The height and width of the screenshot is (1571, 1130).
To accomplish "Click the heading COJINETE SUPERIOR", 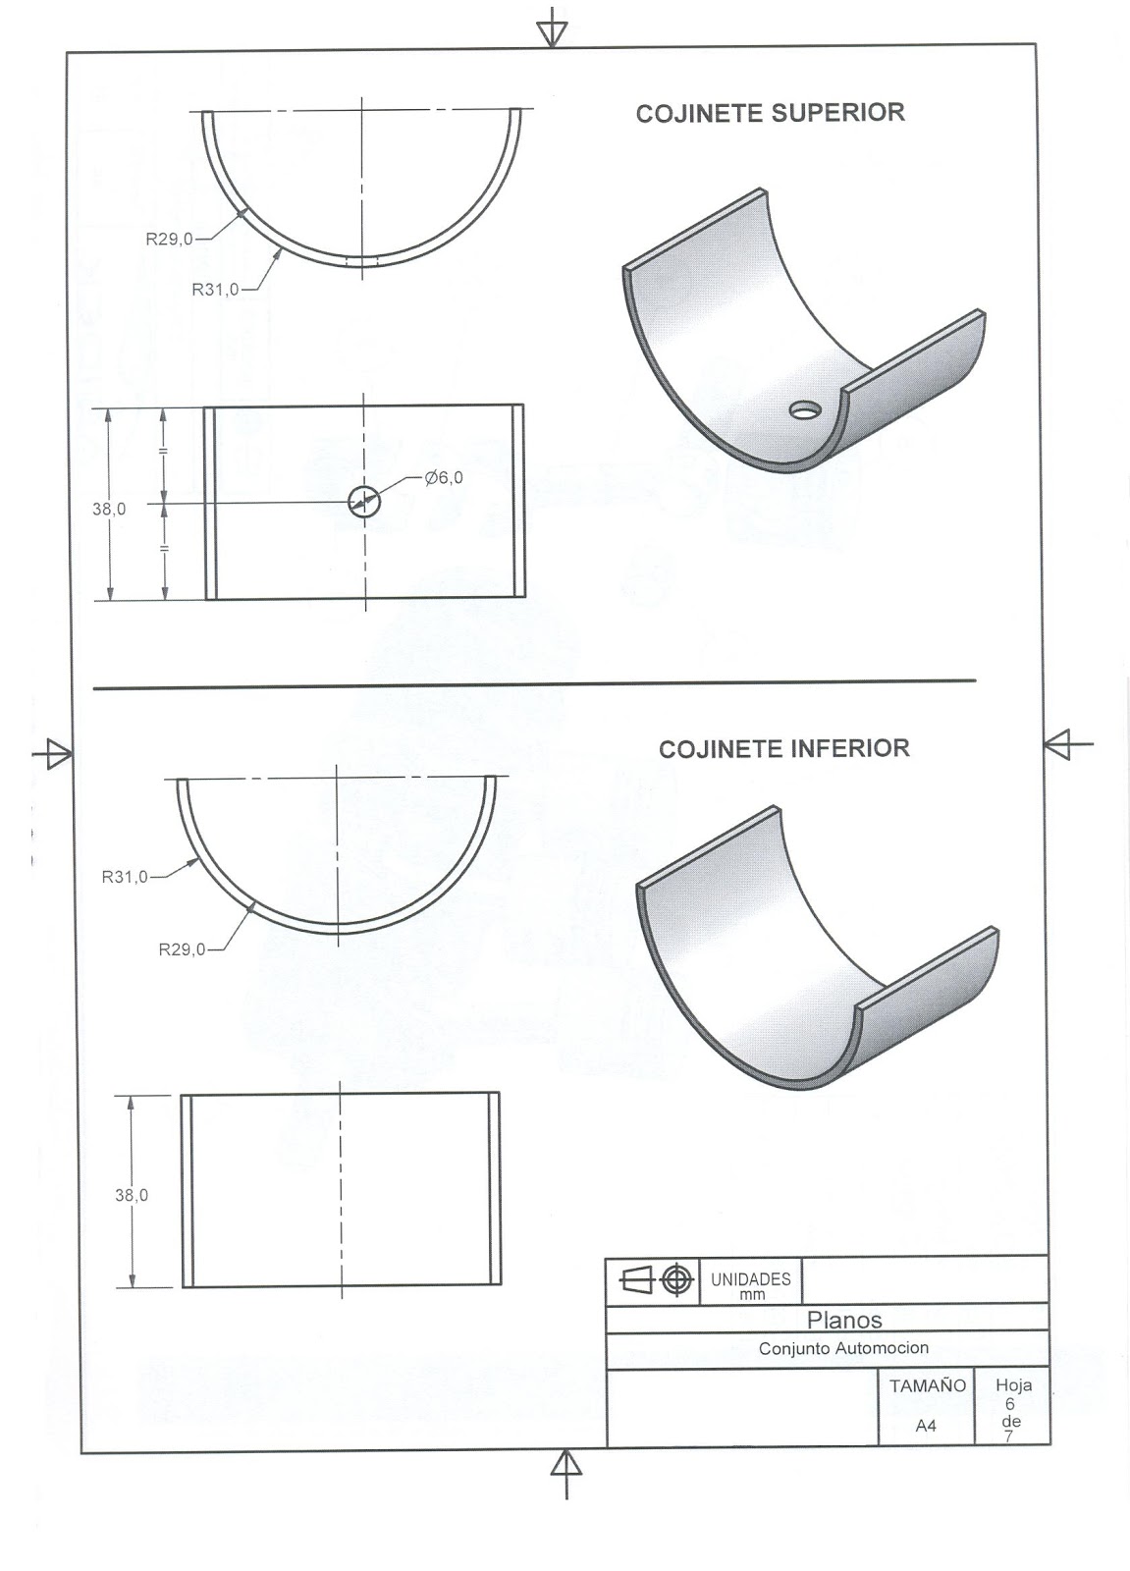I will coord(770,114).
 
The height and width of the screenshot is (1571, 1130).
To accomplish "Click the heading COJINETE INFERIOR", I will coord(783,749).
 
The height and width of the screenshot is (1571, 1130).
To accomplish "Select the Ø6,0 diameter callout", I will coord(444,477).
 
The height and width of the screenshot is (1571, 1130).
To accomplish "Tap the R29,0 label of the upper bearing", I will coord(169,238).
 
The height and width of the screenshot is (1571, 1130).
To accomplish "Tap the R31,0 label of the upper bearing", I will coord(215,290).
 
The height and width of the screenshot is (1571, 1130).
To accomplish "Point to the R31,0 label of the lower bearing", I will coord(125,876).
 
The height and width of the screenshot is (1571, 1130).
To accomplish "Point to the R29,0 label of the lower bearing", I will coord(182,949).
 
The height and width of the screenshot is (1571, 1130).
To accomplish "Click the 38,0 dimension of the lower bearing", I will coord(131,1195).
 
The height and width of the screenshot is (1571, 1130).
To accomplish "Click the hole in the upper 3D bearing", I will coord(807,408).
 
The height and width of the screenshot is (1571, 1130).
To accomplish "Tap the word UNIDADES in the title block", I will coord(750,1279).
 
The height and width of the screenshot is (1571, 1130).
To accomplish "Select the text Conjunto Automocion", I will coord(842,1349).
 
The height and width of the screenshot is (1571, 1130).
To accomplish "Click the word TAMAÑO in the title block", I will coord(927,1386).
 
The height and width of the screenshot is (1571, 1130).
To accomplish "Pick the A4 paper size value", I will coord(926,1426).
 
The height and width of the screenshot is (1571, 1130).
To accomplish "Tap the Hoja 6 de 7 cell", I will coord(1011,1410).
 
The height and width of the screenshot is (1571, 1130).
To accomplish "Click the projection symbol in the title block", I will coord(653,1280).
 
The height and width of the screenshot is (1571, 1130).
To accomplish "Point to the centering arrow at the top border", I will coord(553,27).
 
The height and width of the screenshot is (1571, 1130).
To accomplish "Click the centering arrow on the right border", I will coord(1064,744).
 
